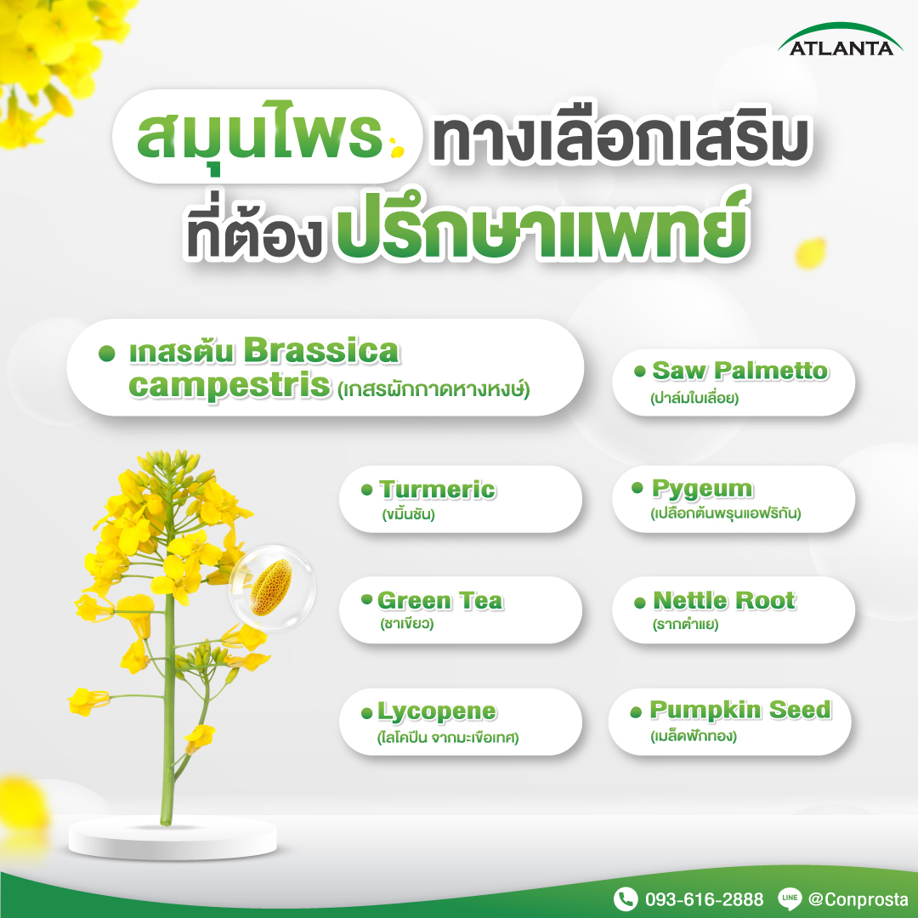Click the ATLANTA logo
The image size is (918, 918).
(x=840, y=40)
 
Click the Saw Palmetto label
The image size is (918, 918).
(x=740, y=371)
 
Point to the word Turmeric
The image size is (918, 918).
(x=437, y=490)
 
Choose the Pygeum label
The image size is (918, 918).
(x=702, y=489)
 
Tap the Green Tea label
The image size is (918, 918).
(x=439, y=601)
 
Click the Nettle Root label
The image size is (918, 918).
(x=723, y=601)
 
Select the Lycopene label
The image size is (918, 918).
(x=437, y=712)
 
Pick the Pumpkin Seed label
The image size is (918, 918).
(x=740, y=710)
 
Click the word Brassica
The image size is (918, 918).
(x=320, y=351)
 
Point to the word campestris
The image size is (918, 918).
(x=229, y=387)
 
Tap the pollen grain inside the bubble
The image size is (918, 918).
(x=270, y=588)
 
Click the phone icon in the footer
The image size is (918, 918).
(x=626, y=898)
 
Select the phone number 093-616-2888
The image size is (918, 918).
(x=704, y=899)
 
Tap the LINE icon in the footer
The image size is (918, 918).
(x=789, y=898)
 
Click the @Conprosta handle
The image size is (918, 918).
(x=858, y=899)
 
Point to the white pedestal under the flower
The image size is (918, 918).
(x=173, y=838)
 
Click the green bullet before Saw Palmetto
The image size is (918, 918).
(x=640, y=371)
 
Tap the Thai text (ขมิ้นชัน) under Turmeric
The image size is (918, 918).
(x=408, y=514)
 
